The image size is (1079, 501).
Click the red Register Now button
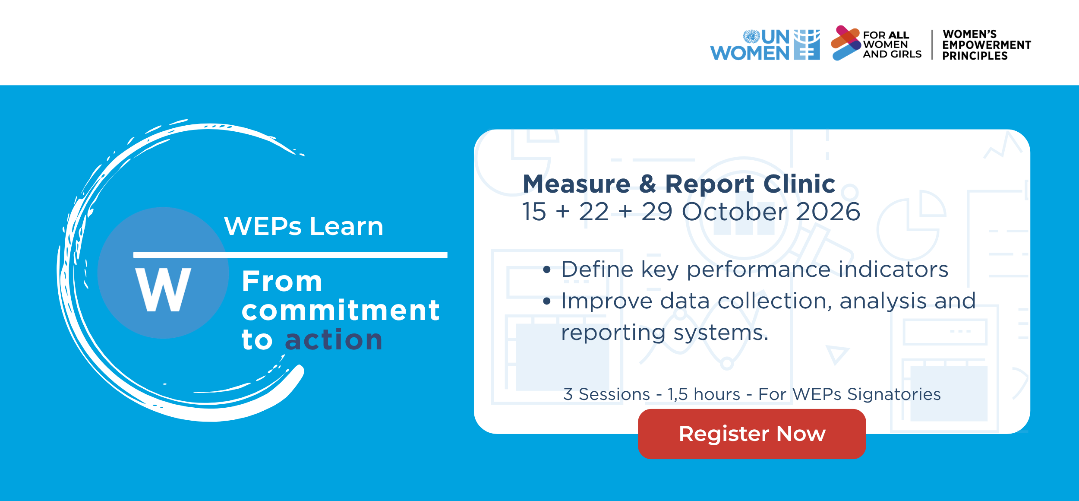[752, 434]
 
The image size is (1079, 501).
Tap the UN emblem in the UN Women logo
[751, 36]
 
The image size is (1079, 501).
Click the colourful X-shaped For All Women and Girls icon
[846, 43]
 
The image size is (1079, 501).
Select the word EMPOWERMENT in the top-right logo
[987, 45]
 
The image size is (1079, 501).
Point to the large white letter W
[163, 289]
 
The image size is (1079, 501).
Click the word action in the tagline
[334, 339]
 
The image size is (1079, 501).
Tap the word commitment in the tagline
[341, 310]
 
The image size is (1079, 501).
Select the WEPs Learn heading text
[304, 226]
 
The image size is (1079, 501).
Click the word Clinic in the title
[799, 184]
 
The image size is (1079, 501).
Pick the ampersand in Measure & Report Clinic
[648, 184]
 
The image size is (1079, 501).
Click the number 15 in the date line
[534, 212]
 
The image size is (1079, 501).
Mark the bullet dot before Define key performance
[547, 270]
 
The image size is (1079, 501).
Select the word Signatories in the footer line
[894, 395]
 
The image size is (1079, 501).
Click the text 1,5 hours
[704, 394]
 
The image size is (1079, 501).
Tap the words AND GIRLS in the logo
[892, 54]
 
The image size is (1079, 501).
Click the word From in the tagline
[282, 282]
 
